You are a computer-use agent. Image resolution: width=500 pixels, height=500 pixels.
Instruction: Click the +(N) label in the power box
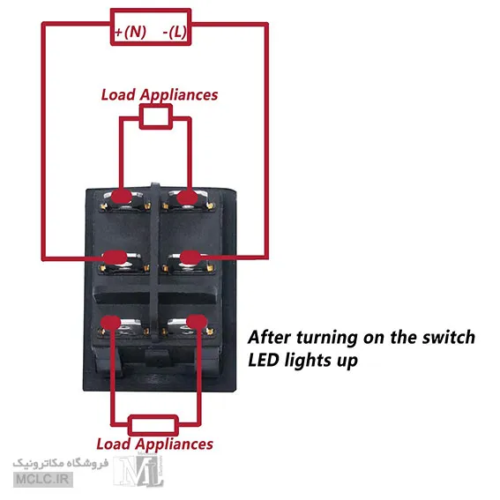click(x=131, y=32)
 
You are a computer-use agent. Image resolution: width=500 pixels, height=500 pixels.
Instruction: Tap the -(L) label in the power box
click(x=175, y=32)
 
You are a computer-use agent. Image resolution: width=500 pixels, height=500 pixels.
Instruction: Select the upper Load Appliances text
click(x=160, y=95)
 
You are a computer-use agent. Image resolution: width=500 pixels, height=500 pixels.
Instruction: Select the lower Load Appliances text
click(x=154, y=444)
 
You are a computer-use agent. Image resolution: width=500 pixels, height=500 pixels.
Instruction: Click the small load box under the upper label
click(x=156, y=116)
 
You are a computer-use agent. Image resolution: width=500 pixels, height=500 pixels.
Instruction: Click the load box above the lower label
click(x=153, y=425)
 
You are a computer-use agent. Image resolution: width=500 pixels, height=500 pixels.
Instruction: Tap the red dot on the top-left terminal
click(x=121, y=197)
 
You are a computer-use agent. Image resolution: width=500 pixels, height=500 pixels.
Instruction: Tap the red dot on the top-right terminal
click(x=188, y=198)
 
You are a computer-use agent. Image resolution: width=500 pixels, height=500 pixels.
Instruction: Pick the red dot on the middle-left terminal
click(x=116, y=257)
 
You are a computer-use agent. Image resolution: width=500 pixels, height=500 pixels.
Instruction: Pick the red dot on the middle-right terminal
click(x=190, y=257)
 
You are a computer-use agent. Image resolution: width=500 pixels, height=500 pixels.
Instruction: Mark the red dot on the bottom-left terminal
click(x=110, y=324)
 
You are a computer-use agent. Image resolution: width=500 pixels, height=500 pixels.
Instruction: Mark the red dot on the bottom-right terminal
click(x=197, y=323)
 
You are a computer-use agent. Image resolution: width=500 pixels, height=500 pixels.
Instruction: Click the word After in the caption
click(x=269, y=338)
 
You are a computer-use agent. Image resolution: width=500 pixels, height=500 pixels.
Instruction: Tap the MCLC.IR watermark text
click(x=43, y=479)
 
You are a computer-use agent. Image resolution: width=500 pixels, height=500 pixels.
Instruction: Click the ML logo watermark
click(x=138, y=471)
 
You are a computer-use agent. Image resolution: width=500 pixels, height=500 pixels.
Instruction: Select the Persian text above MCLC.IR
click(x=61, y=463)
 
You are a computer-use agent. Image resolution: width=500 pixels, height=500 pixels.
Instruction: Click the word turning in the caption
click(x=327, y=338)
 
